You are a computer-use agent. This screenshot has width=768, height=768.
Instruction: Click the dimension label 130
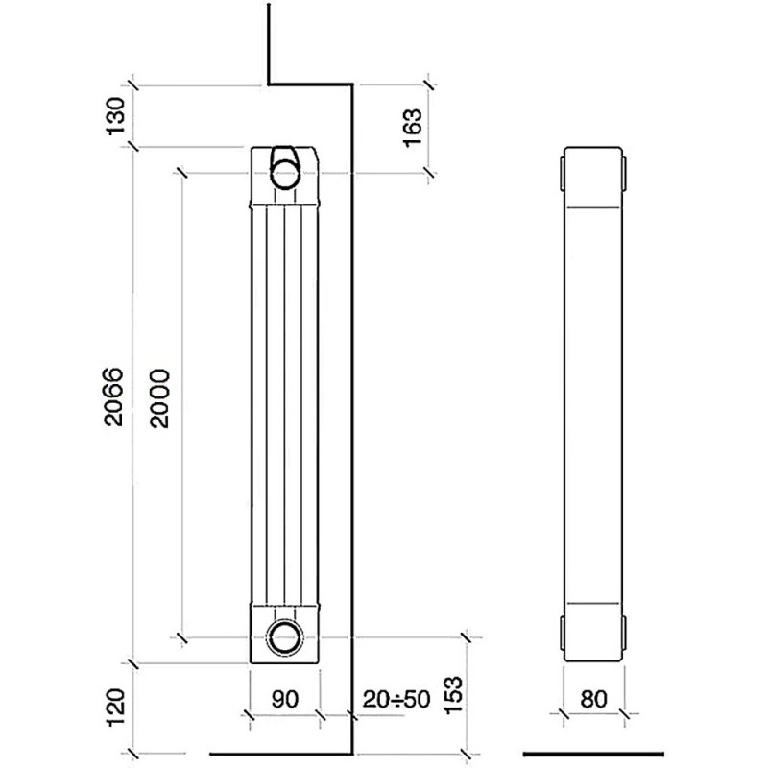(116, 116)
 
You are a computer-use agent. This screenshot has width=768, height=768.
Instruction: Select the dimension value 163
(412, 128)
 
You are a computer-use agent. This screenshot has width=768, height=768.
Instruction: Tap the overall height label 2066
(114, 396)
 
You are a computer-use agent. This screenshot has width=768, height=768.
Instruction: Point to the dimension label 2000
(159, 398)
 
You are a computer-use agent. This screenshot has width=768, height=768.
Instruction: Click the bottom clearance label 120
(116, 708)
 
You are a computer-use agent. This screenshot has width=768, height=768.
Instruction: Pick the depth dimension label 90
(284, 699)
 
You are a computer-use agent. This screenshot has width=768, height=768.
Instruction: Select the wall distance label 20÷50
(396, 699)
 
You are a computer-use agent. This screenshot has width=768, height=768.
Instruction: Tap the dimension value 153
(453, 695)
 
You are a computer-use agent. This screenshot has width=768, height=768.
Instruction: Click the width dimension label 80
(593, 699)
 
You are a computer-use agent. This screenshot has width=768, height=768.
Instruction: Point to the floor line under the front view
(593, 754)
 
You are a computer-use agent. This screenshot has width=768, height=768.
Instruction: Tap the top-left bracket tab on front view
(563, 173)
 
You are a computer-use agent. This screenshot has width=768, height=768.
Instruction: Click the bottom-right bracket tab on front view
(624, 634)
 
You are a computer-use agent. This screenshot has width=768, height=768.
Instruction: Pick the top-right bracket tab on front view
(624, 173)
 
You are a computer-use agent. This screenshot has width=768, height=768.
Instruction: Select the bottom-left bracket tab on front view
(563, 634)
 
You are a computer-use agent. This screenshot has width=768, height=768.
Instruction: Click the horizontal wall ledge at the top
(310, 84)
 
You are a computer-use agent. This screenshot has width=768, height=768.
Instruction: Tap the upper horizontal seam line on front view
(593, 207)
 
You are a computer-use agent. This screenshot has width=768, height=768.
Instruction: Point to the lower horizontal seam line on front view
(593, 602)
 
